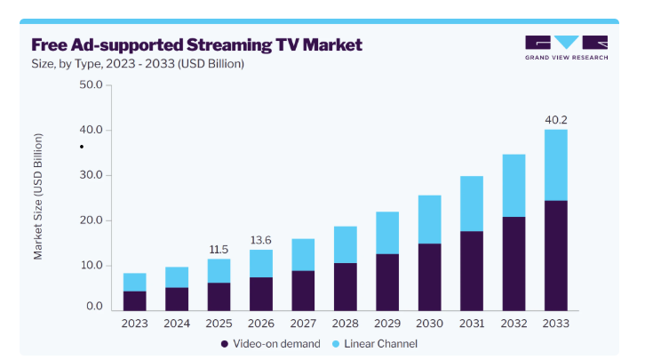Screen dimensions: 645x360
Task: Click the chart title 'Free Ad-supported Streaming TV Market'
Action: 196,44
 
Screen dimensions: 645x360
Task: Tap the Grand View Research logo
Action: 566,48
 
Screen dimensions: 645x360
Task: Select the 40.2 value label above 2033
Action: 556,120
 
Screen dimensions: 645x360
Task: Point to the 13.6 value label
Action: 261,240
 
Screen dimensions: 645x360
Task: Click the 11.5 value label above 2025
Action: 219,249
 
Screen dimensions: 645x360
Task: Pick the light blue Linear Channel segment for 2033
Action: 556,165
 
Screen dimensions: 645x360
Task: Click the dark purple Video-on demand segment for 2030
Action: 429,277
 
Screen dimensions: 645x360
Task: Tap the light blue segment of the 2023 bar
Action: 134,283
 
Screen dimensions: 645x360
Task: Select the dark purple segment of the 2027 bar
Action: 303,291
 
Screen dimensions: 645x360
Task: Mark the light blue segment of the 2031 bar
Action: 472,204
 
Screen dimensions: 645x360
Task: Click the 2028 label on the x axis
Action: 345,324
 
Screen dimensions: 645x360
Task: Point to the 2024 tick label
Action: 177,324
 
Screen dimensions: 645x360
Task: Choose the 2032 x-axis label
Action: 514,324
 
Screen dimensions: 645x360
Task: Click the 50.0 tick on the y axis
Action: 91,84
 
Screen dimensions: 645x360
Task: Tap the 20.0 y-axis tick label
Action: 91,220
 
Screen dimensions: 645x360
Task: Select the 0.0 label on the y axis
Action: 94,306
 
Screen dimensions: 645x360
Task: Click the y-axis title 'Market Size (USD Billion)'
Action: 38,196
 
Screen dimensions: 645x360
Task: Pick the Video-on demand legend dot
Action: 224,344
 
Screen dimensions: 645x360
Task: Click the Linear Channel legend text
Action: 380,343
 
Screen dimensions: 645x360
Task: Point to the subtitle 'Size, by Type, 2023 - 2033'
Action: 103,64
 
